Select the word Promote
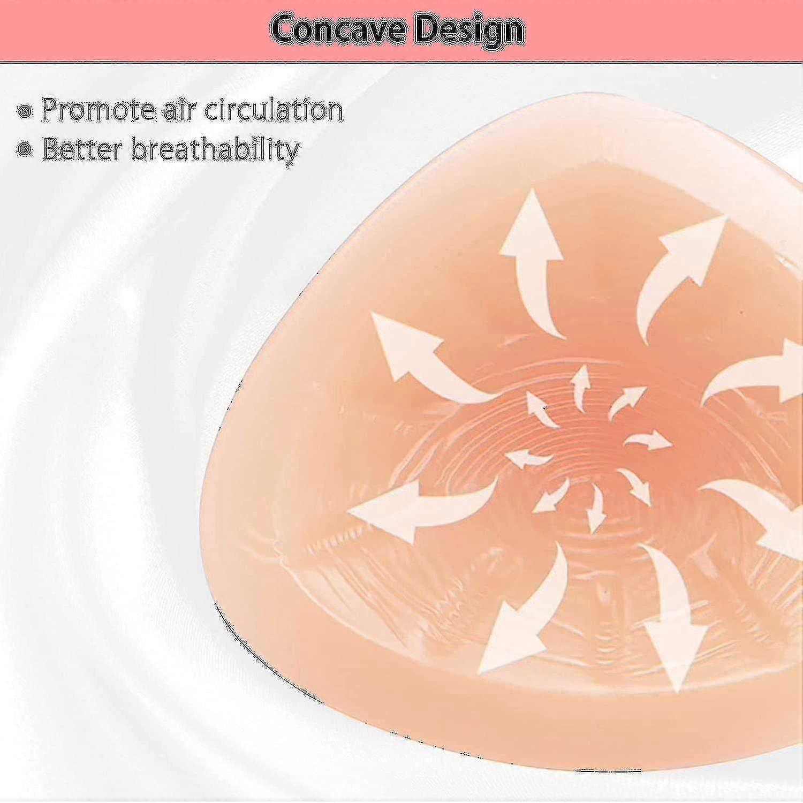[x=99, y=110]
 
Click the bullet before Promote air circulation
[x=25, y=111]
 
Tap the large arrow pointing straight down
[x=672, y=616]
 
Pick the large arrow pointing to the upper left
[x=428, y=359]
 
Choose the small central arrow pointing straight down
[x=596, y=509]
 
